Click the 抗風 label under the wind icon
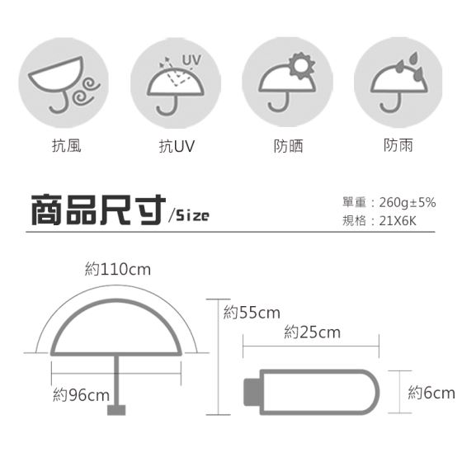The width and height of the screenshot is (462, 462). (67, 145)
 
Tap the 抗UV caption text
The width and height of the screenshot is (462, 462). (177, 146)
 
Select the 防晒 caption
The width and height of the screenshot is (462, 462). (288, 146)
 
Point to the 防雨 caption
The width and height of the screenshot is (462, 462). (398, 145)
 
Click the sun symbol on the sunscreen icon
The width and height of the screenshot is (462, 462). (301, 65)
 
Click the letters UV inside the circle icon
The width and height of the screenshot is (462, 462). (191, 60)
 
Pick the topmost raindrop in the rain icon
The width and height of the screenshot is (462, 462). (414, 58)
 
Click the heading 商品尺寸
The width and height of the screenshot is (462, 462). (98, 210)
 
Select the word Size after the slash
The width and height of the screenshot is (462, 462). (193, 215)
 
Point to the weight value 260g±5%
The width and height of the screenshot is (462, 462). (408, 202)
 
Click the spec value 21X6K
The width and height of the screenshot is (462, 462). (398, 221)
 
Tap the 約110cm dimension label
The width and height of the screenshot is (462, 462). (118, 269)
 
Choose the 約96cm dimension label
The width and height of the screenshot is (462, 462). (82, 395)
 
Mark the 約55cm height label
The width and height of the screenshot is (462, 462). (252, 313)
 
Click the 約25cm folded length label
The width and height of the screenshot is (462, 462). (313, 332)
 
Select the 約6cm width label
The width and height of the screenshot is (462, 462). (431, 393)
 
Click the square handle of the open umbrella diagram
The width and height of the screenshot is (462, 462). (116, 410)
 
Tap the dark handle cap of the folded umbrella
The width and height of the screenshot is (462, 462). (252, 393)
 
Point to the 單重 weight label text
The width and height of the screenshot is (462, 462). (354, 202)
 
